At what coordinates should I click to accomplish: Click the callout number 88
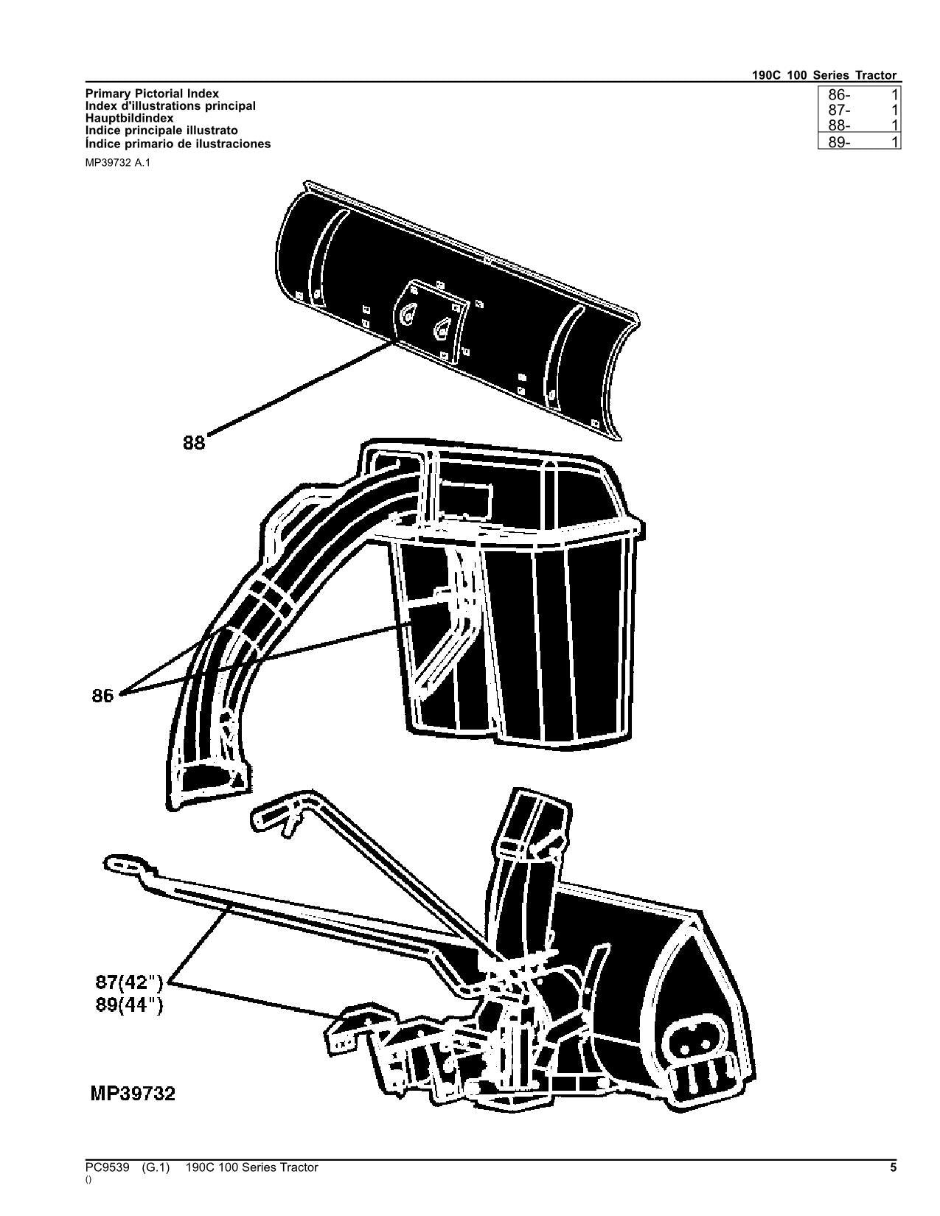[x=194, y=443]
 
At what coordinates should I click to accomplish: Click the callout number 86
[x=103, y=695]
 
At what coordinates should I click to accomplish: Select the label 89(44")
[x=129, y=1004]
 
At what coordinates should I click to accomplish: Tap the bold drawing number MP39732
[x=133, y=1094]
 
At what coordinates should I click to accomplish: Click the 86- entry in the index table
[x=839, y=94]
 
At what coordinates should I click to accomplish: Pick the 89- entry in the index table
[x=839, y=143]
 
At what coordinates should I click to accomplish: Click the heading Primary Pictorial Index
[x=152, y=94]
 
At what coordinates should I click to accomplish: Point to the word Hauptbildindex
[x=130, y=118]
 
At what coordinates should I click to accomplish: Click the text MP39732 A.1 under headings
[x=117, y=162]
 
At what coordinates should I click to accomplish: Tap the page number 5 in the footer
[x=893, y=1167]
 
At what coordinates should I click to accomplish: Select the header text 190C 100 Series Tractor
[x=824, y=75]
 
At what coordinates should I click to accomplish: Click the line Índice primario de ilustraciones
[x=178, y=144]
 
